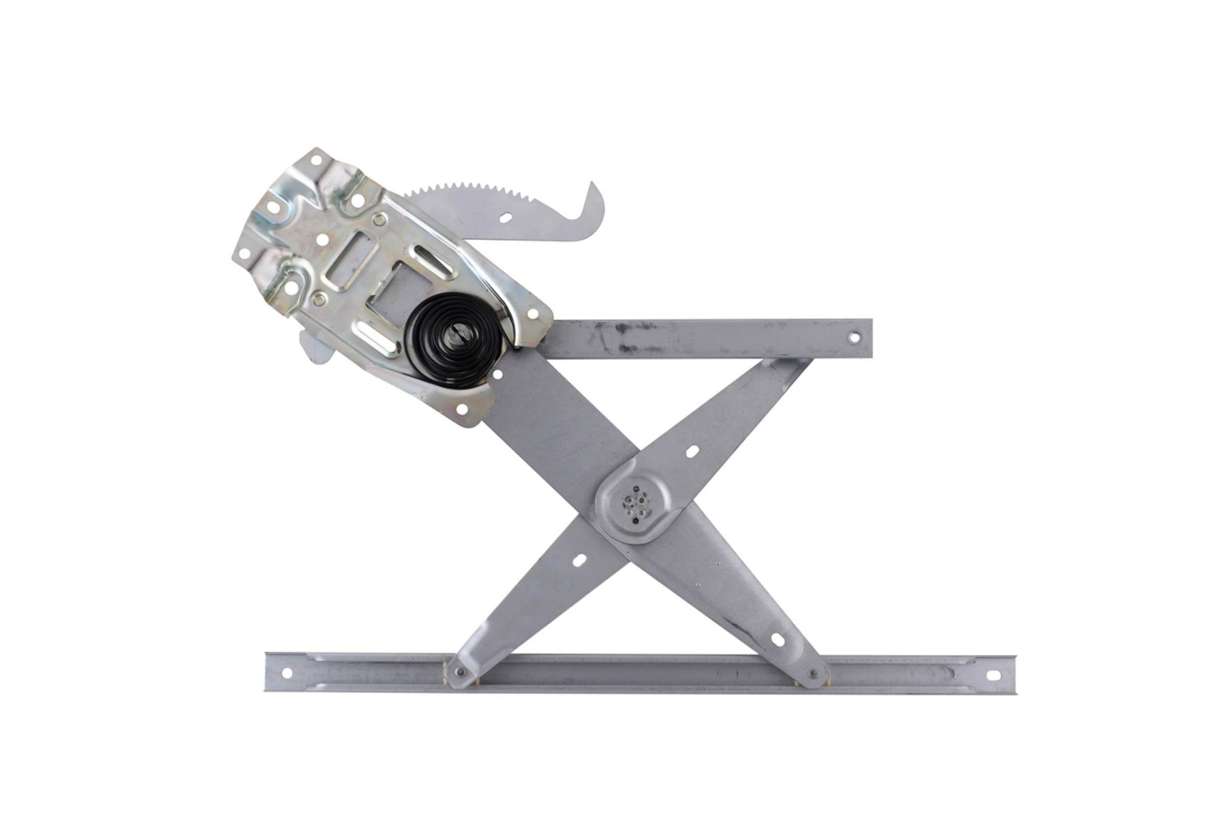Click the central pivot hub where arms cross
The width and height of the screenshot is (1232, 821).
pyautogui.click(x=634, y=504)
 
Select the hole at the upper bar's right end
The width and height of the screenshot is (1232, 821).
pyautogui.click(x=854, y=338)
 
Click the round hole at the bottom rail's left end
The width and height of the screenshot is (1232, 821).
pyautogui.click(x=286, y=673)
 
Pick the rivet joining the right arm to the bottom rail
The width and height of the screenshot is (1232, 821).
pyautogui.click(x=814, y=674)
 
